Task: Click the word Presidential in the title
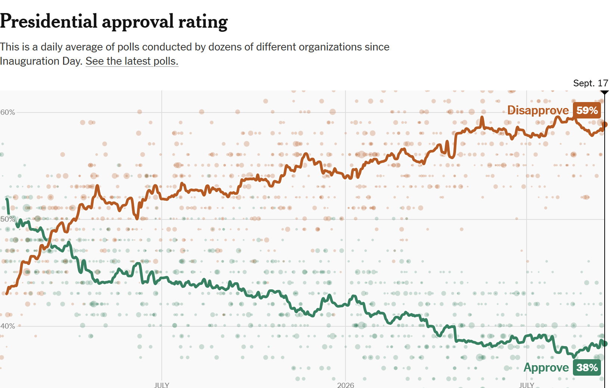coord(49,21)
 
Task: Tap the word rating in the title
coord(203,22)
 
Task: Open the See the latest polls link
coord(132,61)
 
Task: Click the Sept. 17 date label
coord(591,83)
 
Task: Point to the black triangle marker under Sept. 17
coord(604,92)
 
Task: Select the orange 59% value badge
coord(587,110)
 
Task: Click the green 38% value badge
coord(587,367)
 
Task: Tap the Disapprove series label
coord(538,110)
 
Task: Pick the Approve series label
coord(546,367)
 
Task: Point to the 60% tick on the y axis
coord(8,112)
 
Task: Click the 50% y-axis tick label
coord(8,219)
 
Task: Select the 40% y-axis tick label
coord(8,326)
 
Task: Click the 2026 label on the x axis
coord(345,385)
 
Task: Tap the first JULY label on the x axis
coord(162,385)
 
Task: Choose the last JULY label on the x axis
coord(527,385)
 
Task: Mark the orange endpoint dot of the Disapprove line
coord(604,125)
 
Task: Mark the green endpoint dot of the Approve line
coord(604,344)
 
